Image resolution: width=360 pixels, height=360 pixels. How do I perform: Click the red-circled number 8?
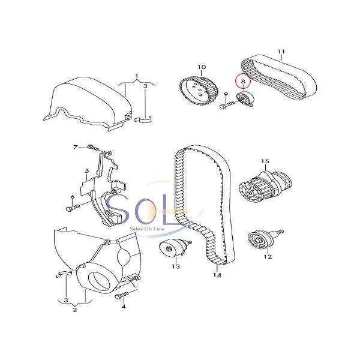pos(243,81)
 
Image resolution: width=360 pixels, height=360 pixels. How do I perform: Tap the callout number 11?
pos(281,52)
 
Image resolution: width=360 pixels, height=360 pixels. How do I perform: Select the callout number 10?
pos(202,67)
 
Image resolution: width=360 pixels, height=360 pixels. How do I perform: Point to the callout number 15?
pos(265,161)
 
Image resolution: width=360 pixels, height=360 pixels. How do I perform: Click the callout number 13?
pos(176,266)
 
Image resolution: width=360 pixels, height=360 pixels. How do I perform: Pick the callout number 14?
pos(217,275)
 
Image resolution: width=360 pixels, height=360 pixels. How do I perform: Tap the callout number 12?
pos(268,256)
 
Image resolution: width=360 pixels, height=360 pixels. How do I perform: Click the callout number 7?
pos(76,147)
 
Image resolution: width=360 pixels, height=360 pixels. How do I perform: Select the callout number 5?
pos(87,171)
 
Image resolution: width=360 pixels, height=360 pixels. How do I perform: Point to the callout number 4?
pos(124,307)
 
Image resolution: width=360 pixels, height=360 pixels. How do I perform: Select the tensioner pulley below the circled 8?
pos(245,99)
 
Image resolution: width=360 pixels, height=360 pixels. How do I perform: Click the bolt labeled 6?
pos(73,208)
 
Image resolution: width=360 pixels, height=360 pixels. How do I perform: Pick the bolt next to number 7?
pos(93,148)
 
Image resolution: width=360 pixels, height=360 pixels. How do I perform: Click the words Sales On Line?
pos(147,229)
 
